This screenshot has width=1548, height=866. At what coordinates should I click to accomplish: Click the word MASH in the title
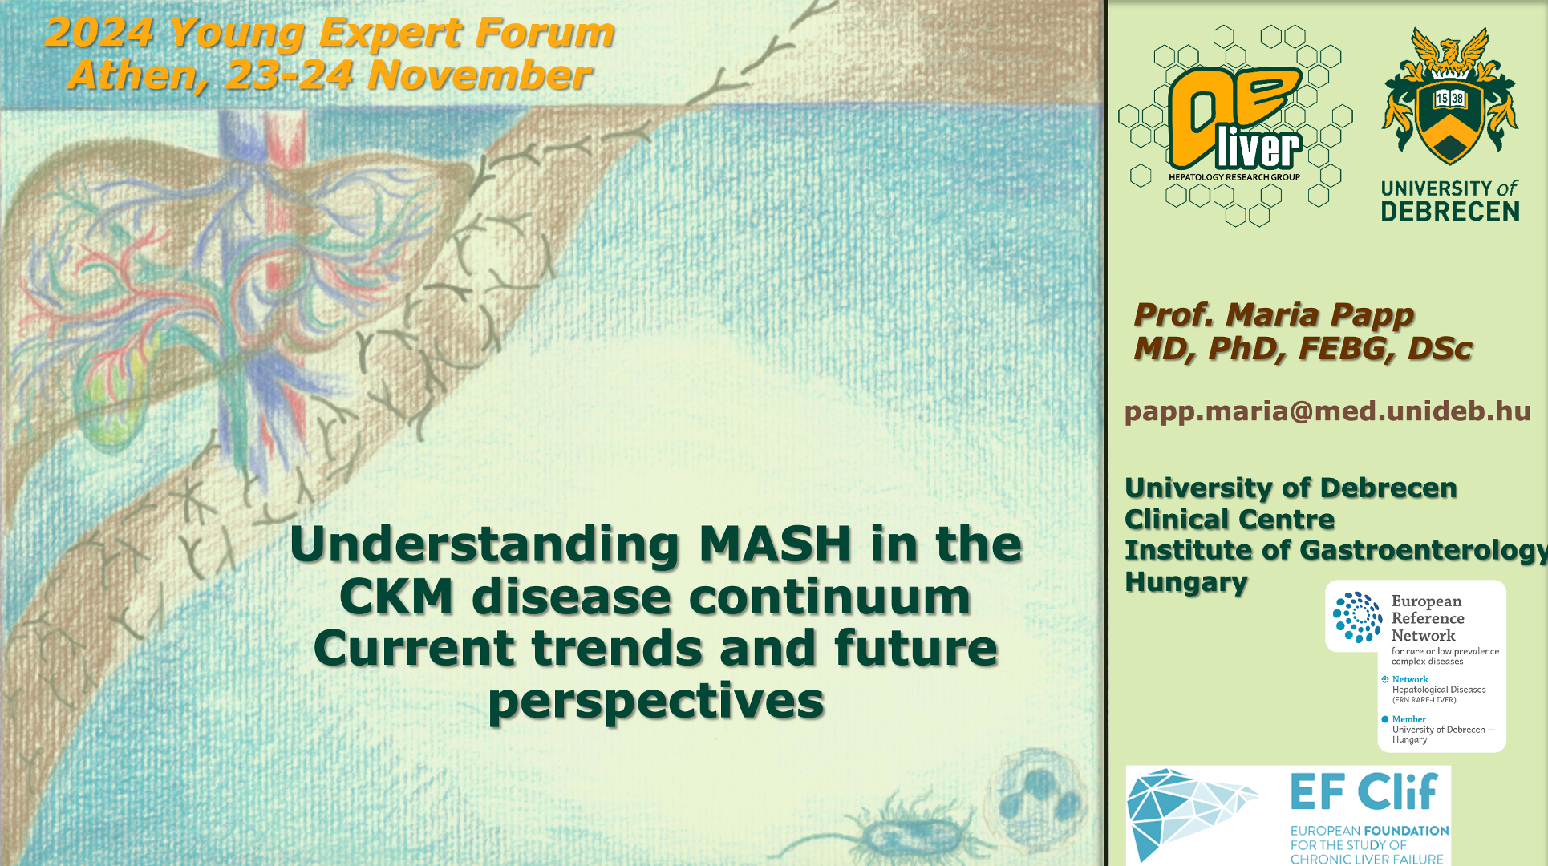pos(775,544)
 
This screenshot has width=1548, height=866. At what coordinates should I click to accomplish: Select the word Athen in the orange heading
pos(132,76)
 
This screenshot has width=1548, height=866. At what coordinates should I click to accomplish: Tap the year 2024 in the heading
pos(99,34)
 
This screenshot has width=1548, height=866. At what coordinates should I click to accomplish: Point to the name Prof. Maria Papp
pos(1274,315)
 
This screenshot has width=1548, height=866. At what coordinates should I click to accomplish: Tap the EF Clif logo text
pos(1364,792)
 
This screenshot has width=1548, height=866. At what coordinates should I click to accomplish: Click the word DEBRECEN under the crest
pos(1450,212)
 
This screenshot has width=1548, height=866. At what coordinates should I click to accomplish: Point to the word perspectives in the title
pos(656,702)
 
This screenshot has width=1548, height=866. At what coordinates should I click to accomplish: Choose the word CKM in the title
pos(396,597)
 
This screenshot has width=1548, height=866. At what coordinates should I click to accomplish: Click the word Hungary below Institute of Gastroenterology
pos(1186,582)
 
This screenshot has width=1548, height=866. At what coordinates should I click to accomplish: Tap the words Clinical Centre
pos(1230,520)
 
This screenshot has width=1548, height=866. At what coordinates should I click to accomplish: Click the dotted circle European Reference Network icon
pos(1357,617)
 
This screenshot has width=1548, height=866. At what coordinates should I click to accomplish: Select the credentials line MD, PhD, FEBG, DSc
pos(1303,349)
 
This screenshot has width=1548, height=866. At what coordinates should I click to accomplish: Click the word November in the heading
pos(480,76)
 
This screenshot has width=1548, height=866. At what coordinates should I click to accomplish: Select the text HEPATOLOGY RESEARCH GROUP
pos(1234,177)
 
